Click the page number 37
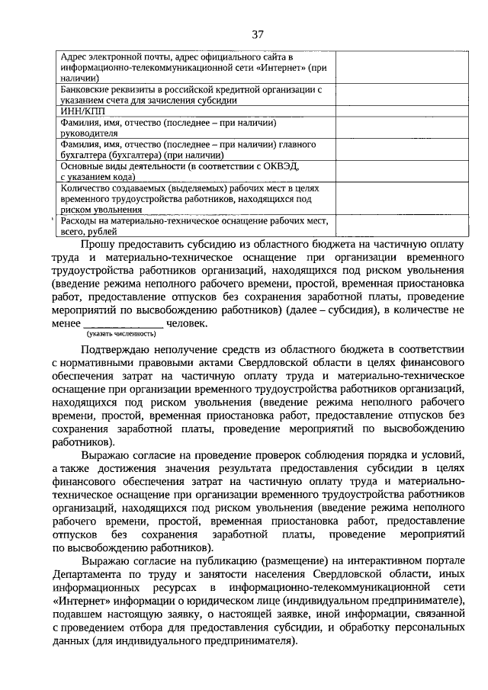(x=257, y=34)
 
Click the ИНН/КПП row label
(x=79, y=111)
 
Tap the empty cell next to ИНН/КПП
(x=384, y=111)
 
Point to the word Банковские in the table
(x=84, y=89)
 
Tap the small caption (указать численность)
(x=121, y=334)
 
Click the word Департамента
(x=99, y=575)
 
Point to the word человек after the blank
(x=186, y=323)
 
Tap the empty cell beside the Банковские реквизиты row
(x=384, y=95)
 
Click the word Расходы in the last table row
(x=80, y=220)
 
